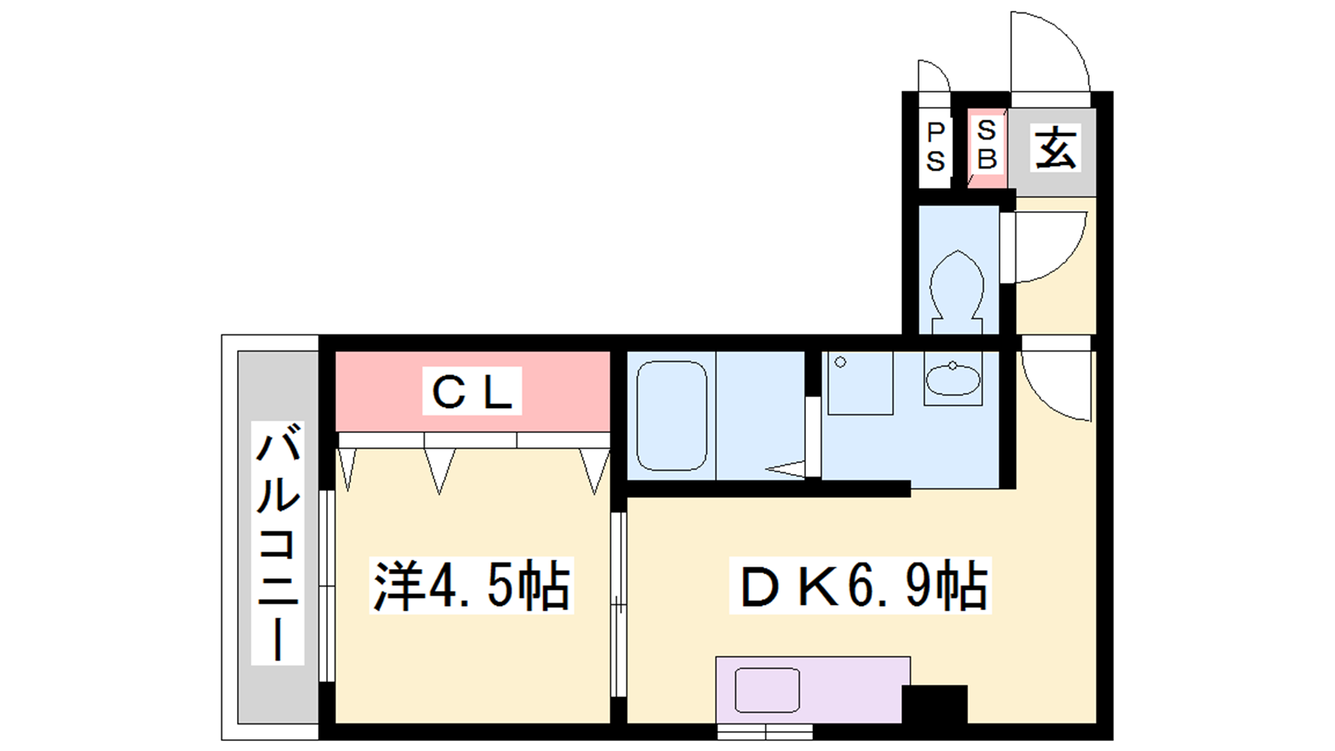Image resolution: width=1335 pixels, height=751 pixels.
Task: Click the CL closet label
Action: click(x=472, y=391)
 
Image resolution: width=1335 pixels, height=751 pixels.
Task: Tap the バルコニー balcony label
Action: click(x=278, y=543)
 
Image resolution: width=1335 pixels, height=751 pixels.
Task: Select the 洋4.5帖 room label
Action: click(x=471, y=585)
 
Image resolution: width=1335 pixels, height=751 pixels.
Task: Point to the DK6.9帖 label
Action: click(x=860, y=585)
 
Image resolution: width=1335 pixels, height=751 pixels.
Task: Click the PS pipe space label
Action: click(x=935, y=147)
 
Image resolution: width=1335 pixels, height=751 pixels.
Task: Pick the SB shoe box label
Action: click(x=986, y=144)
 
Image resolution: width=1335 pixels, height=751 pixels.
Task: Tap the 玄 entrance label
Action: click(x=1055, y=147)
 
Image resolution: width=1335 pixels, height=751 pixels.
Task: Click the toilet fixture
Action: click(x=957, y=292)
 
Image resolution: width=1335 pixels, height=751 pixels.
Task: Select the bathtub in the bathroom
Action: click(x=672, y=416)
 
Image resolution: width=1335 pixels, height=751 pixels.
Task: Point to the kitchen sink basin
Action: click(x=767, y=690)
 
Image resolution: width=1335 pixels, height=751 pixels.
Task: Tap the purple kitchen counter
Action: click(x=813, y=689)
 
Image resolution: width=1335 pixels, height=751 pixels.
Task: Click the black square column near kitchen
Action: click(x=934, y=704)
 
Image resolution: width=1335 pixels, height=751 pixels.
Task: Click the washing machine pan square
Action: click(x=860, y=383)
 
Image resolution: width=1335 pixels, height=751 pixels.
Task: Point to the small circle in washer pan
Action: click(x=840, y=362)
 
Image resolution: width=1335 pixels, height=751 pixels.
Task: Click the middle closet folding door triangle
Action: click(x=439, y=469)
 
